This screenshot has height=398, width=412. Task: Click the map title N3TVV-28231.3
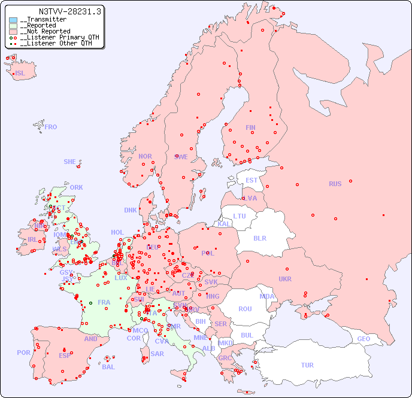click(x=70, y=11)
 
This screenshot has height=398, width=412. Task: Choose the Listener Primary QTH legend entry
click(x=57, y=37)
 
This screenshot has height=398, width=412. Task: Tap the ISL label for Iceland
click(x=20, y=74)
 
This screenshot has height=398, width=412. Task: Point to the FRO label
click(x=51, y=127)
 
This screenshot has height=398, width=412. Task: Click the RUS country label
click(x=335, y=184)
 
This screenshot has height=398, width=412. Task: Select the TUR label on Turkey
click(x=307, y=365)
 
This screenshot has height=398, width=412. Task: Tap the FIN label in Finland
click(x=250, y=127)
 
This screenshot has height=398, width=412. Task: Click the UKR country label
click(x=285, y=279)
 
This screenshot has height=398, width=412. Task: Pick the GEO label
click(x=363, y=339)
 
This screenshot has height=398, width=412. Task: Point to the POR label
click(x=23, y=353)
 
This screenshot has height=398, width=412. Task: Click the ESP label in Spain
click(x=65, y=356)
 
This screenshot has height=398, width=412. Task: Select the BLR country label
click(x=260, y=238)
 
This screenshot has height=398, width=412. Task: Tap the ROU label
click(x=245, y=309)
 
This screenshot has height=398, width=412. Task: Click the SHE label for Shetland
click(x=70, y=162)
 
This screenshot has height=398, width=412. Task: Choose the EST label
click(x=252, y=180)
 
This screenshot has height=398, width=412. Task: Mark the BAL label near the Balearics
click(x=108, y=367)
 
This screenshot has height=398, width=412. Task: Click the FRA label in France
click(x=104, y=302)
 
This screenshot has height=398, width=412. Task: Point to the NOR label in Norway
click(x=145, y=156)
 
